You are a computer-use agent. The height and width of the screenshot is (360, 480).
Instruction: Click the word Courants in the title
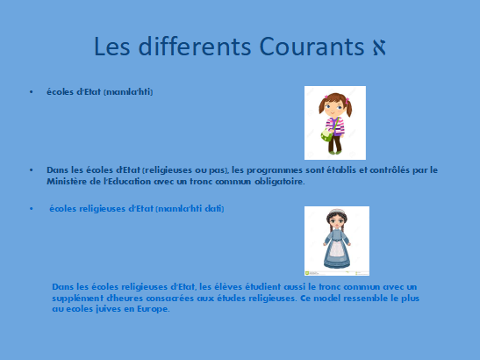tap(312, 47)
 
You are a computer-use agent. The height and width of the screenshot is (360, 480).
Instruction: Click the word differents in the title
tap(195, 46)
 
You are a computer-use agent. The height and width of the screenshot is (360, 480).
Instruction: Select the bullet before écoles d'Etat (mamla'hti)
tap(32, 92)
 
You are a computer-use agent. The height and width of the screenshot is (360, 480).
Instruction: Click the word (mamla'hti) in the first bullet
tap(128, 92)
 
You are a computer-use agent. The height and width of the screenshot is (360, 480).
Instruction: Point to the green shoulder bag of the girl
tap(326, 135)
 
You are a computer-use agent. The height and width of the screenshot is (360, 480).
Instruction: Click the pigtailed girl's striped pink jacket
tap(335, 126)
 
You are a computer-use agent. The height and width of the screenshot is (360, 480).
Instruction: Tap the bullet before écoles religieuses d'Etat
tap(32, 209)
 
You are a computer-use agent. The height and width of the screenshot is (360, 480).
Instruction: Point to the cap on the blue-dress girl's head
tap(337, 212)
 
